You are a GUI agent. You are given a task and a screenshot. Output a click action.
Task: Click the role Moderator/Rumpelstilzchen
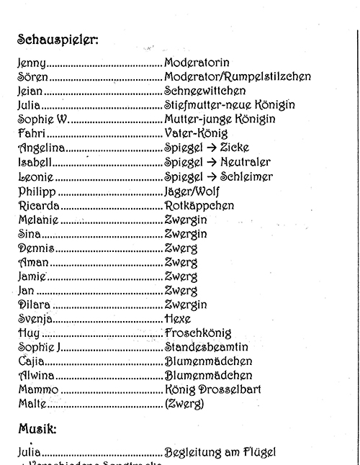pyautogui.click(x=238, y=77)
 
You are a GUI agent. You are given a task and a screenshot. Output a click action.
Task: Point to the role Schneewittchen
pyautogui.click(x=205, y=91)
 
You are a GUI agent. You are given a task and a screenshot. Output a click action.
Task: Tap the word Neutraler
pyautogui.click(x=246, y=163)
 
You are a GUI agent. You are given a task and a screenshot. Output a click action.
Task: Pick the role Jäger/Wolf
pyautogui.click(x=192, y=191)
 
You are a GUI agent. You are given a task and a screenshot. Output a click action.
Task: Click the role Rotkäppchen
pyautogui.click(x=199, y=205)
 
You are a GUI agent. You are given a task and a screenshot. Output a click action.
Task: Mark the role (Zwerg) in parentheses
pyautogui.click(x=184, y=405)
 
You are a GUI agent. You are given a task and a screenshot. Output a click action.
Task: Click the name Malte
pyautogui.click(x=32, y=404)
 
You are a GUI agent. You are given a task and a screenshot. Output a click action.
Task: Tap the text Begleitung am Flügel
pyautogui.click(x=220, y=453)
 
